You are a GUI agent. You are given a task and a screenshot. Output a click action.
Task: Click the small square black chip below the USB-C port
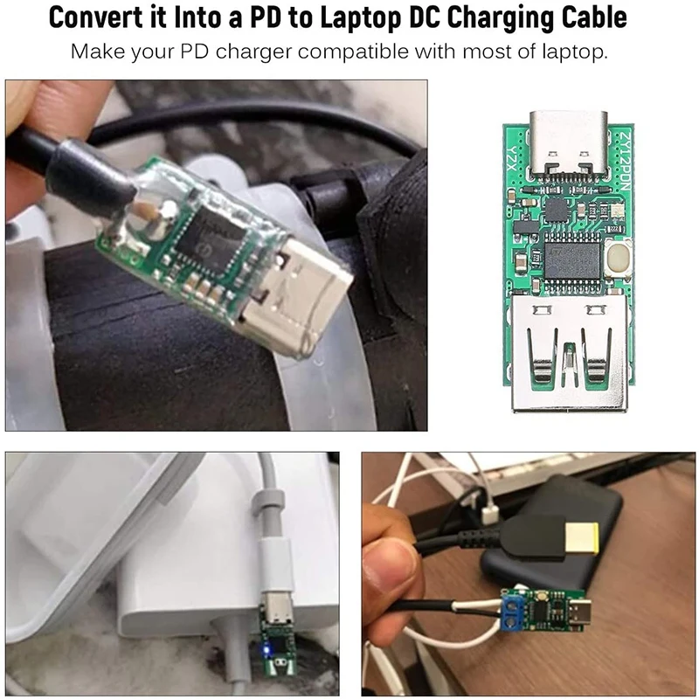coord(557,209)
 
